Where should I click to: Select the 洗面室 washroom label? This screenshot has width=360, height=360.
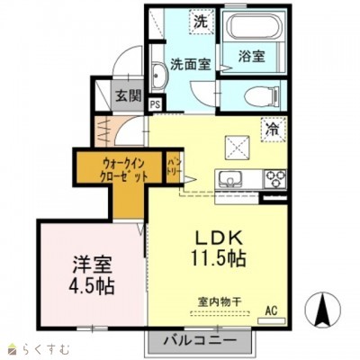pyautogui.click(x=190, y=64)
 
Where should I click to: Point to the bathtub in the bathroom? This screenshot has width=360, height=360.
pyautogui.click(x=253, y=28)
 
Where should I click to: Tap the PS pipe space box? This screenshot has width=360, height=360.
pyautogui.click(x=156, y=104)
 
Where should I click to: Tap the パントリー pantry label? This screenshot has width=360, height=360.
pyautogui.click(x=173, y=167)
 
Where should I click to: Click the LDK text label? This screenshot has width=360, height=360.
pyautogui.click(x=219, y=238)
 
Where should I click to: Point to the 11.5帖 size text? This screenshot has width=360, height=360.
pyautogui.click(x=220, y=257)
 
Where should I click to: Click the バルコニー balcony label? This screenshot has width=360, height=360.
pyautogui.click(x=201, y=341)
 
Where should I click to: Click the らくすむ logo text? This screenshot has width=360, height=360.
pyautogui.click(x=36, y=348)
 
